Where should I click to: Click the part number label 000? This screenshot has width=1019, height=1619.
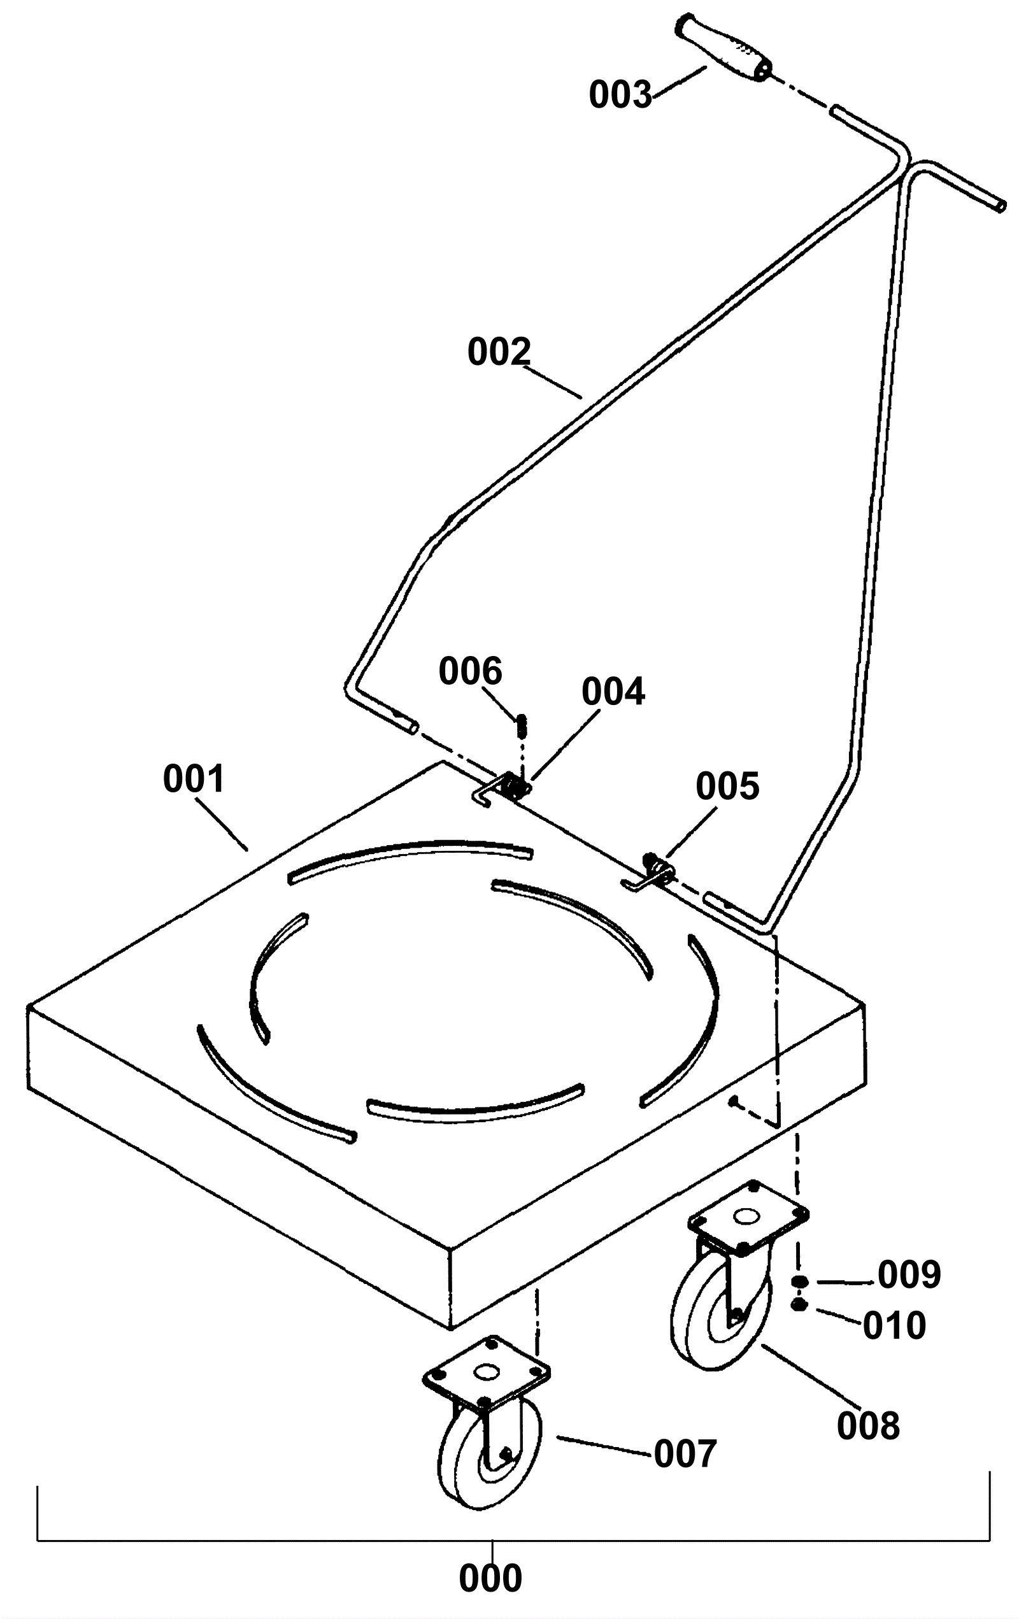pos(490,1578)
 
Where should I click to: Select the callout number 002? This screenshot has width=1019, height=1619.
pos(499,352)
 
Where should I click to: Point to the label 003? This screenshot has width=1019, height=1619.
pos(620,95)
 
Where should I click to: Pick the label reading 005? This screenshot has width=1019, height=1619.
pos(727,786)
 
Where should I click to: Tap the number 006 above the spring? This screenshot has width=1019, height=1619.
pos(470,672)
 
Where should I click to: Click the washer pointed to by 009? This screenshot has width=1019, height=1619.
pos(799,1281)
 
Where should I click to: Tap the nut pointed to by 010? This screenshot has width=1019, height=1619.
pos(799,1305)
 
